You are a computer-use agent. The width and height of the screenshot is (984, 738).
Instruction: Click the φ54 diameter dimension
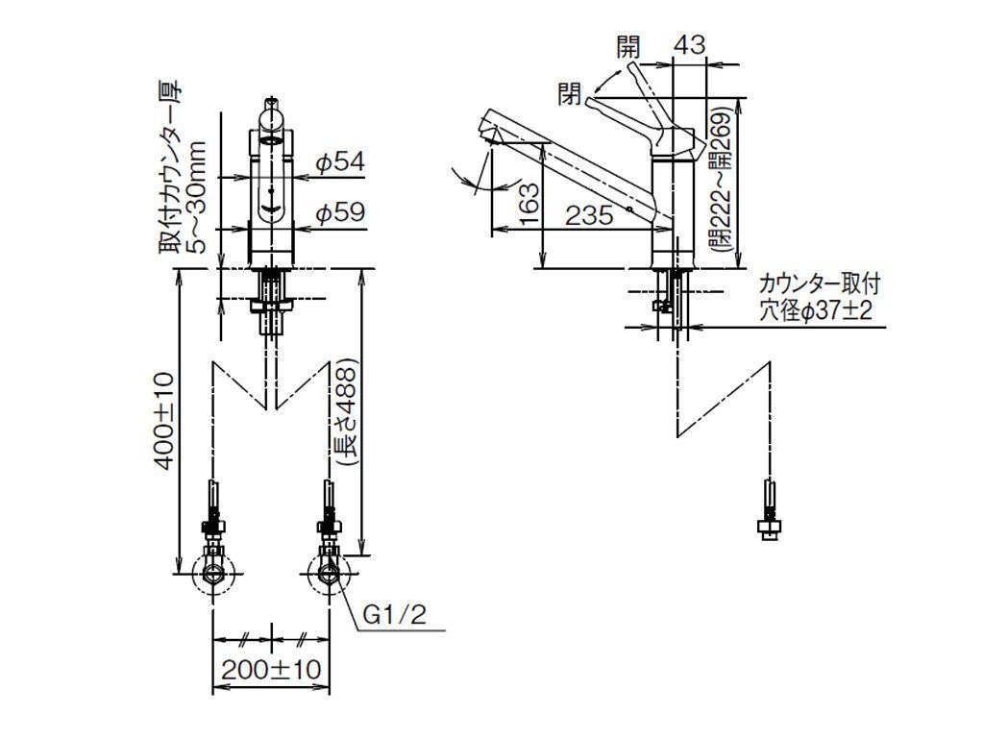[x=339, y=162]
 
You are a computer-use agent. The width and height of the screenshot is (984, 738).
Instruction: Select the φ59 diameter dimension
[x=339, y=212]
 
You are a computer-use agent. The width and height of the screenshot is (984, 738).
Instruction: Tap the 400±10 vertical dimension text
[x=164, y=421]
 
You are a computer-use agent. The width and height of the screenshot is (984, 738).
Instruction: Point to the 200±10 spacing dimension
[x=271, y=670]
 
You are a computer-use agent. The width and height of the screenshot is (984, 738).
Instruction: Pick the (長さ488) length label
[x=347, y=411]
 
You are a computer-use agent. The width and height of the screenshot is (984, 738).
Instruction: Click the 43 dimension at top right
[x=690, y=45]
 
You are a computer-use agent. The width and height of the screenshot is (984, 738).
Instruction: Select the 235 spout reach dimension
[x=589, y=216]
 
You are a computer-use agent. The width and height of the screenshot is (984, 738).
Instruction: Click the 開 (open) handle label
[x=628, y=46]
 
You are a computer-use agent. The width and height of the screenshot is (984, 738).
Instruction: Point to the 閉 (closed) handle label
[x=569, y=94]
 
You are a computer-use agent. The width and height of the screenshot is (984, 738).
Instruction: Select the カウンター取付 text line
[x=820, y=284]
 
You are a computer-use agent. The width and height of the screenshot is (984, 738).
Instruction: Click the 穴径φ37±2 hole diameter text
[x=816, y=311]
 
